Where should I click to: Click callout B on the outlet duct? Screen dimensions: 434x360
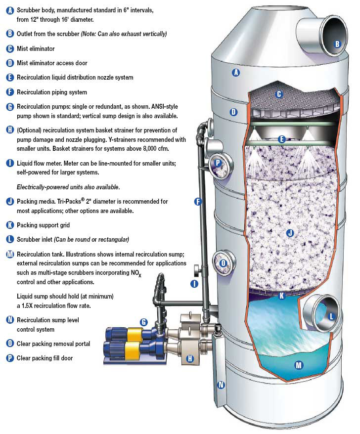coord(337,43)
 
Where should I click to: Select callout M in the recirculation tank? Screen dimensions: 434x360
coord(298,365)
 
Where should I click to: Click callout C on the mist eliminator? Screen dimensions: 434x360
coord(279,94)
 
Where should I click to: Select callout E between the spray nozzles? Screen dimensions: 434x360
coord(281,139)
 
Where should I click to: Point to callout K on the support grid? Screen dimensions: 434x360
coord(281,296)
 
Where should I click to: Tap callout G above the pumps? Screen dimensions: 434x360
coord(144,322)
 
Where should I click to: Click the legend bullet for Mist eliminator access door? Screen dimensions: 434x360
coord(10,63)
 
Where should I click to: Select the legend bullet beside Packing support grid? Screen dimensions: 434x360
coord(10,225)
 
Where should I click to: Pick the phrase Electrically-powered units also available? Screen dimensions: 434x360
coord(68,187)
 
